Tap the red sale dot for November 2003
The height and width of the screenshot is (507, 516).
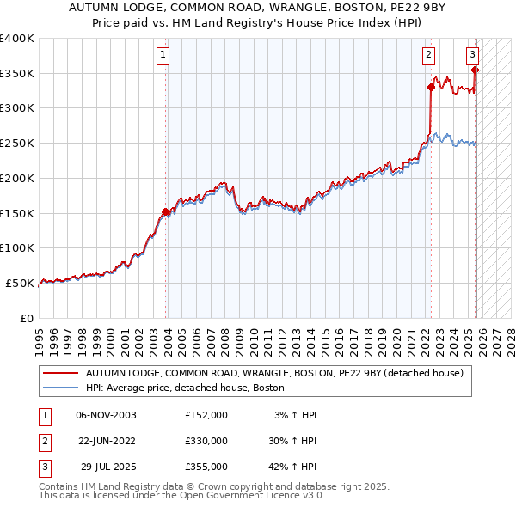click(165, 211)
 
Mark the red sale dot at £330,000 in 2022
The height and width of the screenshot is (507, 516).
click(431, 87)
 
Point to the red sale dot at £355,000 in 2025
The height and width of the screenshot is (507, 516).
click(475, 70)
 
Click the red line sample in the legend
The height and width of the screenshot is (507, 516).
click(61, 374)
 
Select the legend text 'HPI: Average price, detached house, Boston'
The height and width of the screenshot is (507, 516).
click(184, 388)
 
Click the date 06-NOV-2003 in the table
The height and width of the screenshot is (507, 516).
click(106, 415)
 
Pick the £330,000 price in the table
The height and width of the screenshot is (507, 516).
click(206, 441)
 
